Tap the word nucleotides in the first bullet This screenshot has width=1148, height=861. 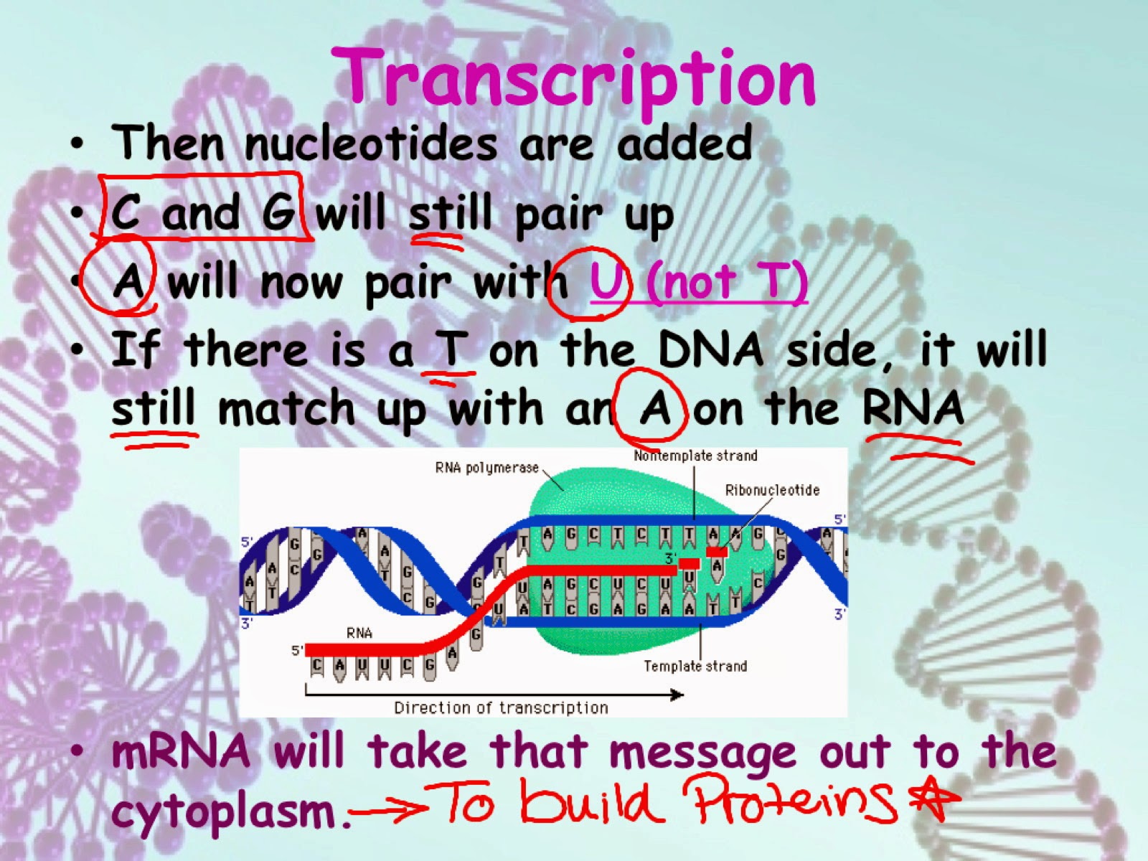pos(370,143)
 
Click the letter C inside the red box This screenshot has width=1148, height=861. pos(126,211)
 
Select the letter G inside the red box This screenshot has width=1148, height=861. pos(279,212)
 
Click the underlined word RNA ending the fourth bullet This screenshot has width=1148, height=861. pos(913,407)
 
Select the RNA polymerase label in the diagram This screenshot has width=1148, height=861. pos(487,468)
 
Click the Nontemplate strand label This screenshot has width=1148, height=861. pos(695,456)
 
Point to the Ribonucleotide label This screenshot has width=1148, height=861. pos(772,490)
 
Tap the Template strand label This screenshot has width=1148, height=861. pos(695,666)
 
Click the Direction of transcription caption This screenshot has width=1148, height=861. pos(501,708)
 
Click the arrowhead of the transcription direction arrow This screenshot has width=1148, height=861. pos(678,695)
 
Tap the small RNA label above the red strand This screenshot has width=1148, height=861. pos(359,633)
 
